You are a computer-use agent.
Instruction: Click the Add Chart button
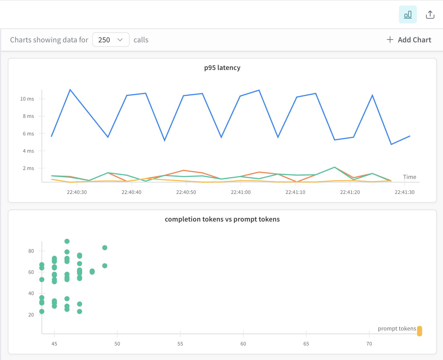click(409, 40)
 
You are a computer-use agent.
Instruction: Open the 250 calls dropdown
click(111, 40)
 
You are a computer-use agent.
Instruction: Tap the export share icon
click(430, 14)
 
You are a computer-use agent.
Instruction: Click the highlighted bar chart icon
click(408, 14)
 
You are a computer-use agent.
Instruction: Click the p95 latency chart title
click(222, 68)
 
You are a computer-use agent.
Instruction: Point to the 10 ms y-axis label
click(27, 99)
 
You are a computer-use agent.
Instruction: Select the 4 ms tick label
click(28, 151)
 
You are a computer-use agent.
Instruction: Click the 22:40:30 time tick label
click(77, 192)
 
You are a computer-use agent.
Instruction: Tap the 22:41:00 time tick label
click(240, 192)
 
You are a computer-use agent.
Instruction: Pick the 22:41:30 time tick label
click(404, 192)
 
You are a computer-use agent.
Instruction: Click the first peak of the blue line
click(70, 90)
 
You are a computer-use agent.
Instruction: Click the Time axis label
click(409, 177)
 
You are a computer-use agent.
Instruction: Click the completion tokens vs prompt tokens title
click(222, 219)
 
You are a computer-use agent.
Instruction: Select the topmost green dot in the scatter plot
click(67, 241)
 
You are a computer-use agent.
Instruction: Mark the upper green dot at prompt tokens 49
click(105, 248)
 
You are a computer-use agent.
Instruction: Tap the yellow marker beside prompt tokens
click(419, 331)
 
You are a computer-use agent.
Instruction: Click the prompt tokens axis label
click(397, 329)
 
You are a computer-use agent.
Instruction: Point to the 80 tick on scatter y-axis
click(31, 251)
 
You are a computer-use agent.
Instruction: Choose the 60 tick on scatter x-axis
click(243, 344)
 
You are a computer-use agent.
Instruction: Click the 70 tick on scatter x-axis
click(369, 344)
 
